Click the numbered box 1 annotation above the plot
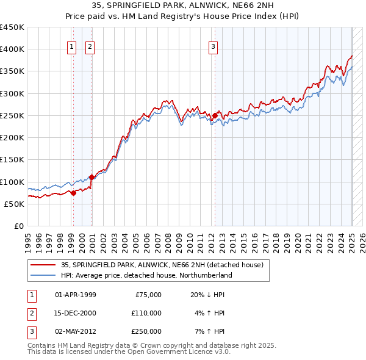(72, 46)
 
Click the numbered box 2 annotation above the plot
(90, 46)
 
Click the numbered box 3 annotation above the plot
(213, 46)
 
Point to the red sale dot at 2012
(215, 115)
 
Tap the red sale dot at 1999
(73, 193)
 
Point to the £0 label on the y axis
(18, 226)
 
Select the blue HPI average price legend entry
(146, 275)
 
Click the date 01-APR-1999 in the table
(76, 295)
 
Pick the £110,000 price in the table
(146, 313)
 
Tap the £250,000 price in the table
(146, 331)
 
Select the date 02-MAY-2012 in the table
(76, 331)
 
